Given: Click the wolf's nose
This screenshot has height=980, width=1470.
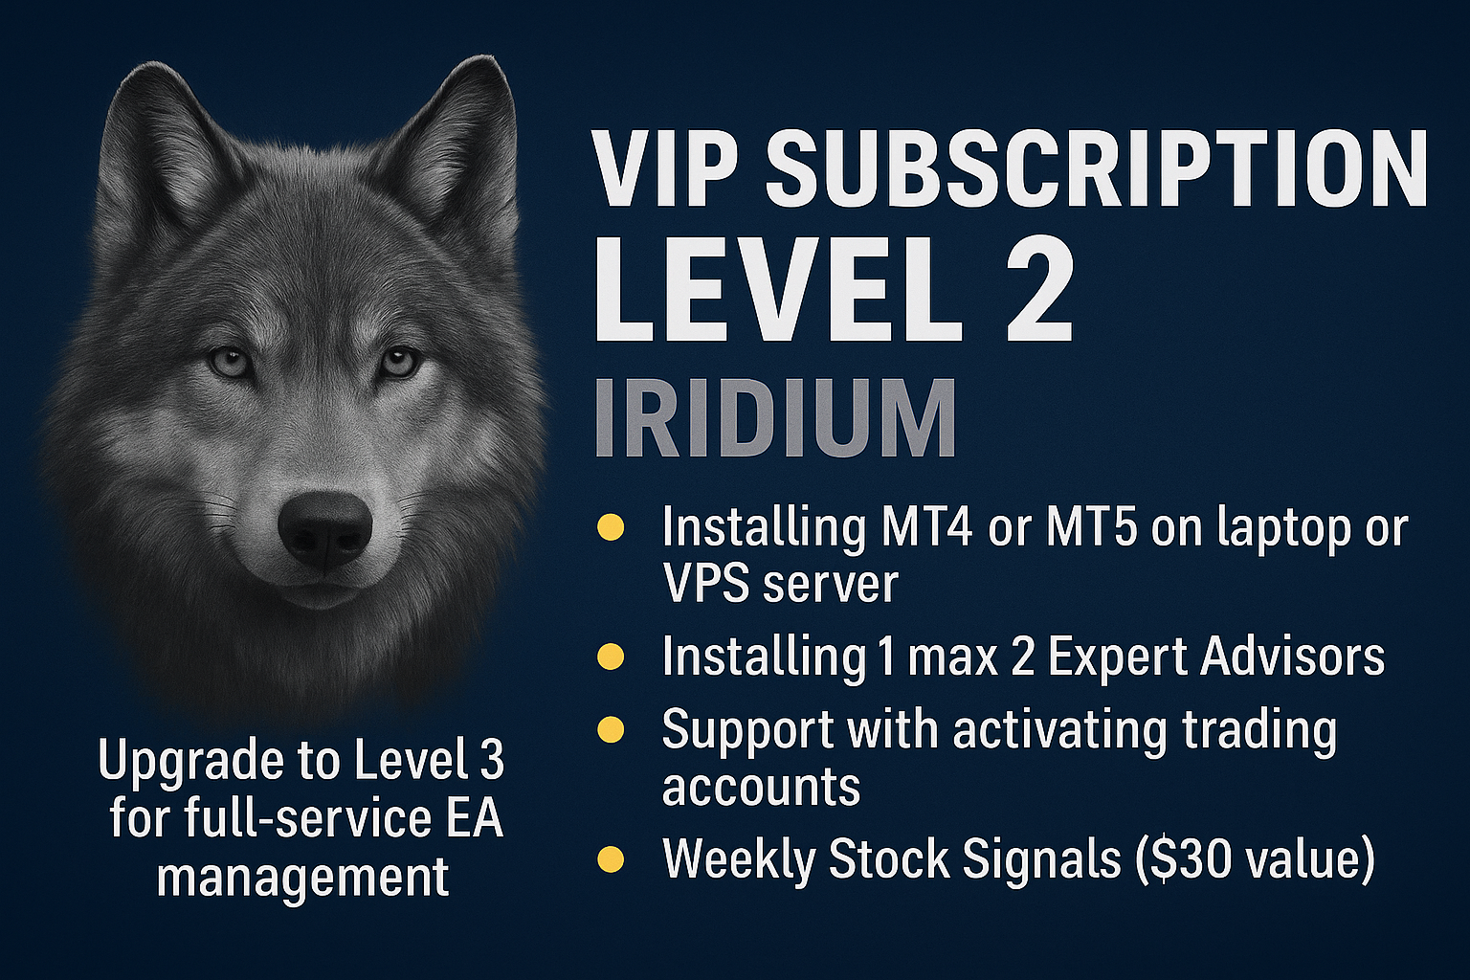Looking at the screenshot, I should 324,529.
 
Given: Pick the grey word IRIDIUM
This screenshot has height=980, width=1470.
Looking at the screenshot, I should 775,419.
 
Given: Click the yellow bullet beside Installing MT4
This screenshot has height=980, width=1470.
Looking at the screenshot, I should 611,527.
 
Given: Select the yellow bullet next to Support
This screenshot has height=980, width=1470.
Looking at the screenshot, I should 611,730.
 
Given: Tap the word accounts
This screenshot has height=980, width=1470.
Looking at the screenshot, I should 761,787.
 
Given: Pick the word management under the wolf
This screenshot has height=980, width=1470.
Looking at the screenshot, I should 302,875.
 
